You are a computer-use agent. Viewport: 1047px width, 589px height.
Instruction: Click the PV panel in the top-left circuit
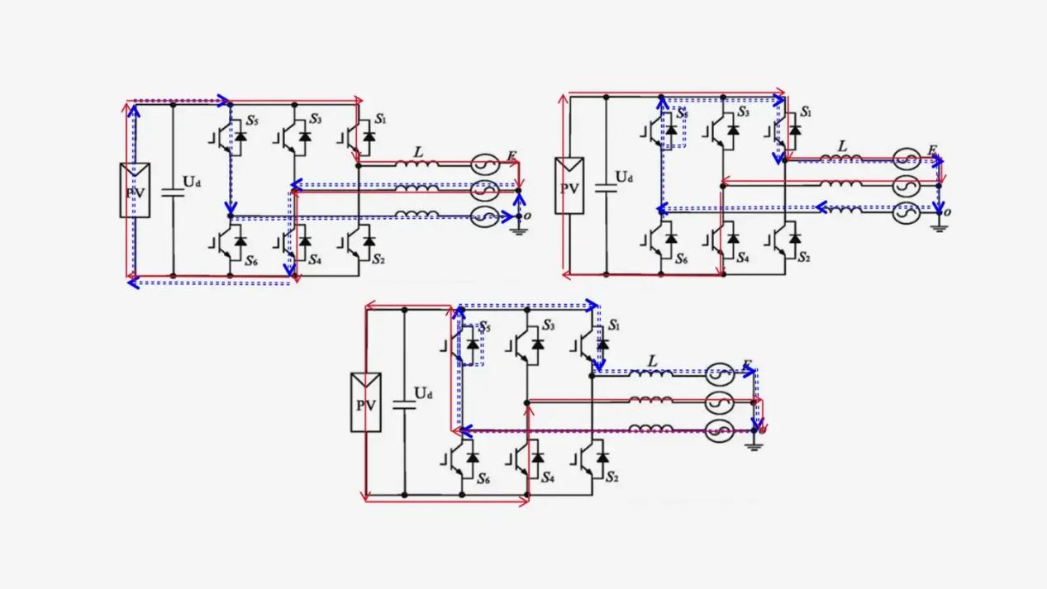135,191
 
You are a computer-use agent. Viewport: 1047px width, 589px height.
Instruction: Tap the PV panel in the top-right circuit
569,186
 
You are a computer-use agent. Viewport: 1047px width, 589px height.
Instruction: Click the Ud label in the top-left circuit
192,182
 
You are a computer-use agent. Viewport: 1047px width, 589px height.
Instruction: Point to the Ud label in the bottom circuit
423,393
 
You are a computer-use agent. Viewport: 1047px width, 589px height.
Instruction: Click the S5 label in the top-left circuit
252,121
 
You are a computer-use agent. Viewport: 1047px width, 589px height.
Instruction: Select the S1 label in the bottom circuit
614,325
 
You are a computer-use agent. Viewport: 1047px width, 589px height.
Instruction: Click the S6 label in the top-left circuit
252,260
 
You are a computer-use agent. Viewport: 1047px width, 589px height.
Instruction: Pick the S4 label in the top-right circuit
744,258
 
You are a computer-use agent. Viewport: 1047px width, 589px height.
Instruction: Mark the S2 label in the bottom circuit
612,477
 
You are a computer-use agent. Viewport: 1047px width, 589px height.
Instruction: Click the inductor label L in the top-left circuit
418,153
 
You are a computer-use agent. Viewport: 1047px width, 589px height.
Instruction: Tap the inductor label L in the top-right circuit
842,147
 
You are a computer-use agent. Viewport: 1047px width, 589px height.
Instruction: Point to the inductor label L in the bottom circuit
652,361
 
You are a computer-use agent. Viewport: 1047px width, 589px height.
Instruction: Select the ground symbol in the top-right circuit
939,225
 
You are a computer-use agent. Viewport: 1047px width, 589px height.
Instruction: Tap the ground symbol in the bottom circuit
754,444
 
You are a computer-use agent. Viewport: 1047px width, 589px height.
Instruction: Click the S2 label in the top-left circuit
378,259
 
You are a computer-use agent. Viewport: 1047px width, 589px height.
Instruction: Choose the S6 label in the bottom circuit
483,477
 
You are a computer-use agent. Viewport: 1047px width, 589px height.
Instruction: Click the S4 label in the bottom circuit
548,477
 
